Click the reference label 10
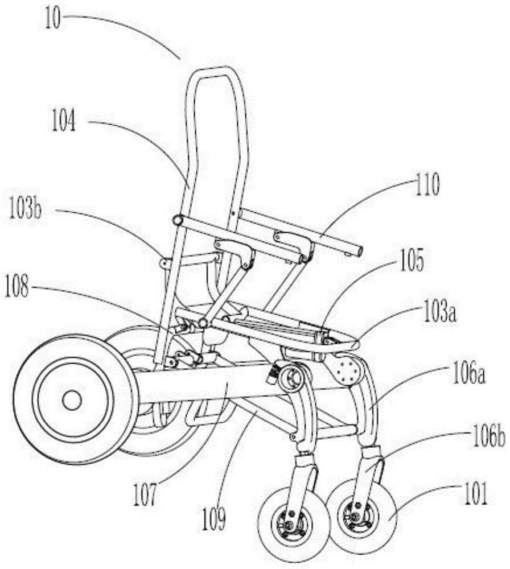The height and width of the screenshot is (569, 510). click(x=53, y=19)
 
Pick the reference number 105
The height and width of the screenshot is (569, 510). click(x=411, y=261)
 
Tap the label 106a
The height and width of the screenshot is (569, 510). click(x=468, y=375)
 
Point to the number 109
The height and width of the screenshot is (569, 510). click(x=213, y=519)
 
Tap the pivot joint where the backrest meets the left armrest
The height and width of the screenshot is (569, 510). click(x=178, y=220)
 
